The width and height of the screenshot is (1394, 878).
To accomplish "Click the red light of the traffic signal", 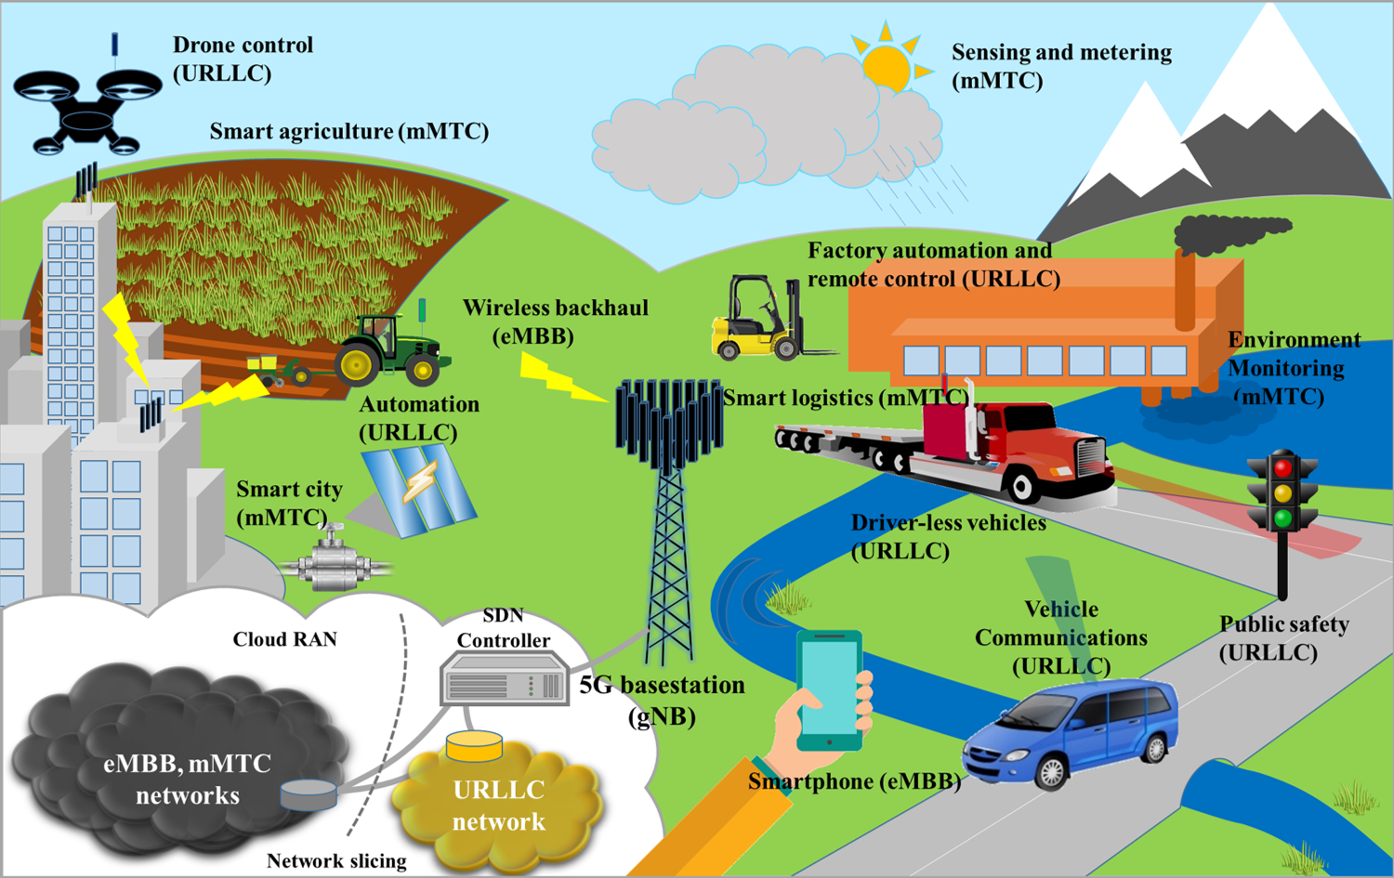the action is pos(1282,467).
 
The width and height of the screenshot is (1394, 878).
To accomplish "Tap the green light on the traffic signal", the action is pos(1282,518).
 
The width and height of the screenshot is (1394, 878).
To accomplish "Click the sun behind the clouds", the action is pos(888,64).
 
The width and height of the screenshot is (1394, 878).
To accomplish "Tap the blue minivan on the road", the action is pos(1071,734).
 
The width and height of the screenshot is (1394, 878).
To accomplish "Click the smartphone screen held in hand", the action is pos(830,688).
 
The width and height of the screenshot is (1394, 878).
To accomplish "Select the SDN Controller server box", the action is pos(505,679).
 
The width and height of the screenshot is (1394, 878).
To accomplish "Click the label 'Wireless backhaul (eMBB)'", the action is pos(555,321).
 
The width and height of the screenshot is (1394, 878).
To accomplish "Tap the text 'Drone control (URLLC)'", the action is pos(243,59).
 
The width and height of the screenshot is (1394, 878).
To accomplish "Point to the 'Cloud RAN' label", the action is pos(285,639).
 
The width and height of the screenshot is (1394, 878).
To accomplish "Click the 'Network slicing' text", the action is pos(336,860).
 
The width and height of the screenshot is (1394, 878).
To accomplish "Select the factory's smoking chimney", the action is pos(1185,289).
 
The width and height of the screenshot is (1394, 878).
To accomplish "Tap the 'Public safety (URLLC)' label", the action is pos(1283,637).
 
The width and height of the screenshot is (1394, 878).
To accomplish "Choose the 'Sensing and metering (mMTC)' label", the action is pos(1061,66).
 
